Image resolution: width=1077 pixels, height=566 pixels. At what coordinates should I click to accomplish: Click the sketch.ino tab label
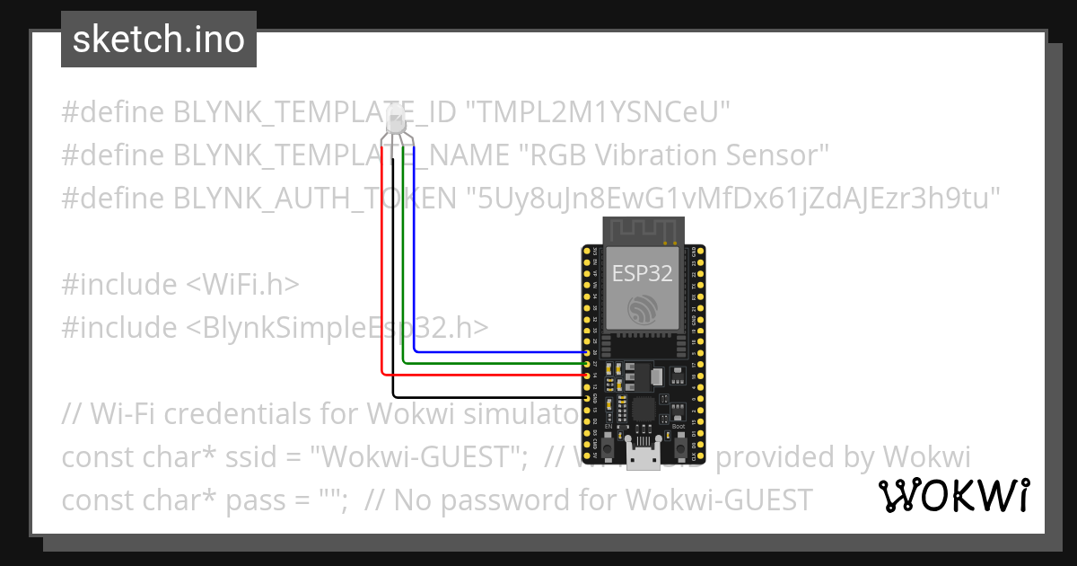(158, 40)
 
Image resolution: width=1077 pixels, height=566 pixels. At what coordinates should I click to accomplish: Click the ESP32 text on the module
(642, 273)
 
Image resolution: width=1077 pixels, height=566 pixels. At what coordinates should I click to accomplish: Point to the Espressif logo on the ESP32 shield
(643, 310)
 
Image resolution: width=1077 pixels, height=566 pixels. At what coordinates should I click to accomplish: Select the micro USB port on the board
(643, 459)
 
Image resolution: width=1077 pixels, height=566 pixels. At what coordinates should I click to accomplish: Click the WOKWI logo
(953, 495)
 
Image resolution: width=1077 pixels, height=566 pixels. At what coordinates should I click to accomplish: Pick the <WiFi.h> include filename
(242, 285)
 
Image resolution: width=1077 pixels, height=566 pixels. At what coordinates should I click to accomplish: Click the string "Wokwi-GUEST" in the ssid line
(418, 457)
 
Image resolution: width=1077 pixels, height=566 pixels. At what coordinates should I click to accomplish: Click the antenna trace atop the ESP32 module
(642, 231)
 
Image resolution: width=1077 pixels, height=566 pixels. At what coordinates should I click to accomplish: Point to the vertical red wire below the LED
(382, 270)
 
